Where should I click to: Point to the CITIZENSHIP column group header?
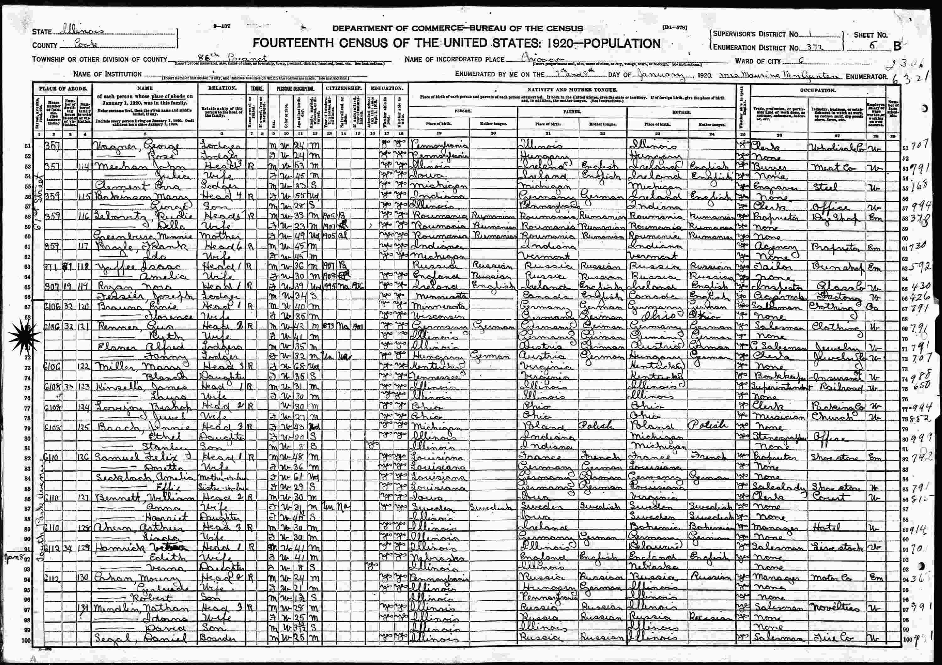click(x=344, y=88)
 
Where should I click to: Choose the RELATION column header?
click(x=222, y=88)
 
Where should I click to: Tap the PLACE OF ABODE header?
click(x=63, y=88)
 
